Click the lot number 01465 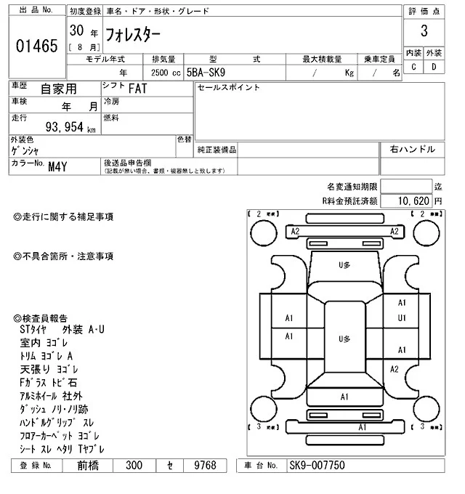(x=36, y=46)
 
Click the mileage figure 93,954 (x=66, y=128)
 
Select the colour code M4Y (x=59, y=166)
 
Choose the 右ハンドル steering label (x=413, y=149)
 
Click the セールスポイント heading (x=228, y=88)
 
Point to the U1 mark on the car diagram (x=401, y=318)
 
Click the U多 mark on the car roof (x=344, y=339)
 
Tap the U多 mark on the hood (x=344, y=266)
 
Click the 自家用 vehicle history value (x=57, y=89)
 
